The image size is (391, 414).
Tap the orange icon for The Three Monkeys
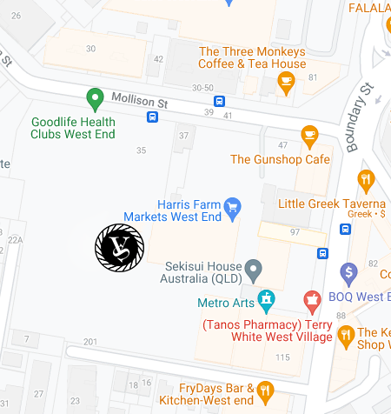(x=286, y=82)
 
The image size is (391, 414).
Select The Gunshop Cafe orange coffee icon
(x=308, y=135)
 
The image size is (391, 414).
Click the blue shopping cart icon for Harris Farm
(x=232, y=207)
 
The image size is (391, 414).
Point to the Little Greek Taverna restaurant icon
(x=366, y=182)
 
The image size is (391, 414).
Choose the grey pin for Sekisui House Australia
(x=253, y=269)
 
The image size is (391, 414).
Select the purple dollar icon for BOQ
(x=349, y=272)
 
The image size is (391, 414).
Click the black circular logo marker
(x=119, y=247)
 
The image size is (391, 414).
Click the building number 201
(x=90, y=341)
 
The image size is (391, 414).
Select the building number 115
(x=282, y=357)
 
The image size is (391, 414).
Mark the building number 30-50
(x=203, y=88)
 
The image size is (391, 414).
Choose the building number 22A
(x=15, y=239)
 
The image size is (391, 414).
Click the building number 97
(x=295, y=232)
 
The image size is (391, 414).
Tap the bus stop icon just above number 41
(x=220, y=100)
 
